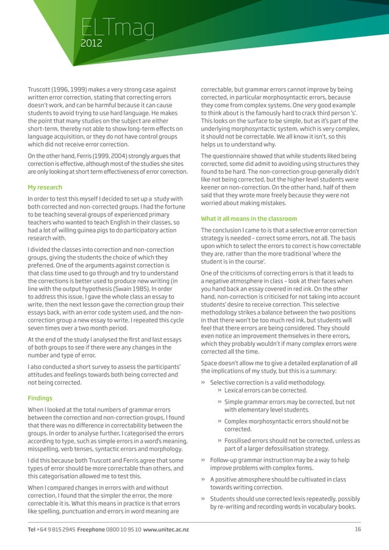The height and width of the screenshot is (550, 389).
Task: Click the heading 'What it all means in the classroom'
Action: coord(249,219)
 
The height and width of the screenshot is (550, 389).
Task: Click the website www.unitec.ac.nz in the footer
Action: coord(166,529)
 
